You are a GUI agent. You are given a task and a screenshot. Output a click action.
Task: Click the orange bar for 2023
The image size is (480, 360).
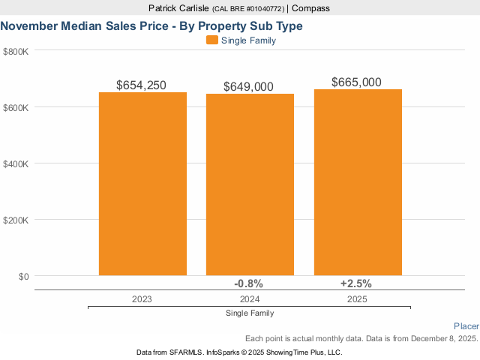(x=142, y=184)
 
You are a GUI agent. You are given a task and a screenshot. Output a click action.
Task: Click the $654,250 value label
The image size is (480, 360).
(x=142, y=85)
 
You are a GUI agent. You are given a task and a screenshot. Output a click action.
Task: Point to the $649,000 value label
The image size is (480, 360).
(x=249, y=87)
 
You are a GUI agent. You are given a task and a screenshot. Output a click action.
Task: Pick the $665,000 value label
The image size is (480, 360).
(x=357, y=82)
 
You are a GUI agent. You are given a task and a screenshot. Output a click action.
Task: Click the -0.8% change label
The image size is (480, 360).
(x=249, y=283)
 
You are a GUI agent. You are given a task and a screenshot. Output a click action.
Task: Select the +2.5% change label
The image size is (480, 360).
(x=356, y=283)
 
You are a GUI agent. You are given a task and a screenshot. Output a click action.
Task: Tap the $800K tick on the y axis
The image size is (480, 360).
(x=16, y=51)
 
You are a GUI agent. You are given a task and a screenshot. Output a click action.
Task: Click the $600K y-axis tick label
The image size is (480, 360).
(x=16, y=107)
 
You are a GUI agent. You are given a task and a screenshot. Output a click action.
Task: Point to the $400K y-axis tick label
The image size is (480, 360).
(x=16, y=163)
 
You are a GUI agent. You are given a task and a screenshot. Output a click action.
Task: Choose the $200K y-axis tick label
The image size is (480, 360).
(x=16, y=220)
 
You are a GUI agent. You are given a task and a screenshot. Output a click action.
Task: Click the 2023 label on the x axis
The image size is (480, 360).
(x=142, y=298)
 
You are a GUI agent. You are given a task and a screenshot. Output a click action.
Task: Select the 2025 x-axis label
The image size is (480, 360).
(x=357, y=298)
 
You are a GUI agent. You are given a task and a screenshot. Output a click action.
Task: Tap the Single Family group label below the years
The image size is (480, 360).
(x=249, y=313)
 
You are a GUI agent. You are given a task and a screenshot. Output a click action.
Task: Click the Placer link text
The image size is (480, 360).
(x=466, y=326)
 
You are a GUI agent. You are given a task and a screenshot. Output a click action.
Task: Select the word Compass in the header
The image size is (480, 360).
(x=310, y=8)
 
